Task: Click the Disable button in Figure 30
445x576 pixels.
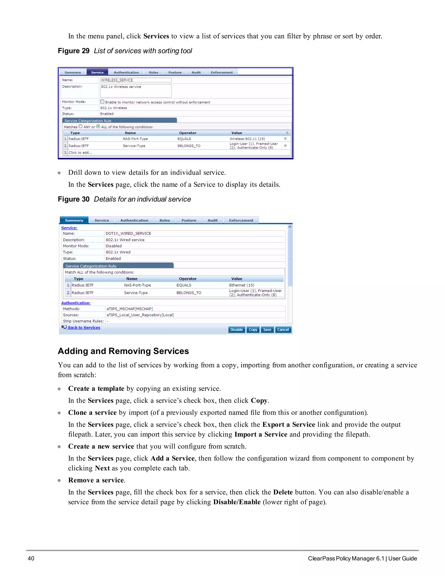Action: (x=236, y=330)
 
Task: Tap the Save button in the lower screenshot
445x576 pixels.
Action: (x=267, y=330)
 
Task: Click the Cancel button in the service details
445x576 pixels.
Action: (x=283, y=330)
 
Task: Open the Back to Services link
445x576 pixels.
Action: (x=84, y=328)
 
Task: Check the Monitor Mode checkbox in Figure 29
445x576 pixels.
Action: (x=102, y=102)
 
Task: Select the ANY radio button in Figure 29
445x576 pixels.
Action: (x=81, y=126)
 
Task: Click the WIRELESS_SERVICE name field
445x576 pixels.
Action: (x=136, y=80)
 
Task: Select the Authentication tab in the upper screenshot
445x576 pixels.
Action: (x=126, y=72)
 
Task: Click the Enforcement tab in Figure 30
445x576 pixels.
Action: (x=241, y=220)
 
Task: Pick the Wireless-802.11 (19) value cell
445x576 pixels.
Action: (x=247, y=139)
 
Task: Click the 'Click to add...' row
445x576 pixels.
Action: (x=80, y=152)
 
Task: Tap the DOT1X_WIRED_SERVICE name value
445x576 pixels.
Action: (x=128, y=233)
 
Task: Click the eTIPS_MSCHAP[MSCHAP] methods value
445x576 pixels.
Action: (x=130, y=309)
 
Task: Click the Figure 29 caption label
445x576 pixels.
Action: (x=74, y=51)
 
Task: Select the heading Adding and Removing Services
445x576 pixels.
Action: (x=123, y=351)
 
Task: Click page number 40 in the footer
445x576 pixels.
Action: (x=31, y=558)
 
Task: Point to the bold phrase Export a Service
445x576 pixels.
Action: (x=289, y=425)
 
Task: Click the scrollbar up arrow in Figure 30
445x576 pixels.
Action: (x=290, y=226)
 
